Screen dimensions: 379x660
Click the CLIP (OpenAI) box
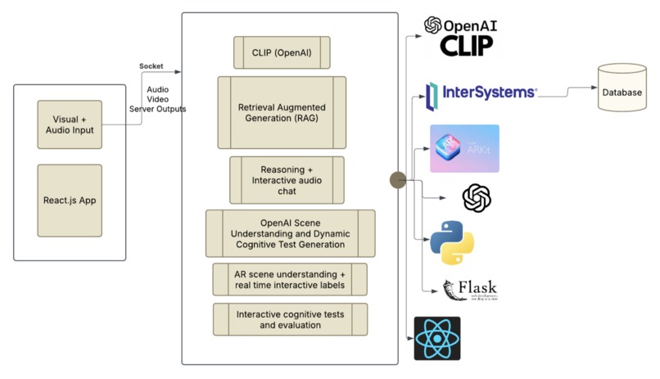coord(281,52)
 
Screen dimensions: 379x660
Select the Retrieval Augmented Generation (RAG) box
coord(281,113)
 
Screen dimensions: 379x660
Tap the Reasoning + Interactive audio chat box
coord(286,180)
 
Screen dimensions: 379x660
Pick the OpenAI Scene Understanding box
coord(290,233)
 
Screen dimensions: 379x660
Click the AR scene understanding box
coord(289,279)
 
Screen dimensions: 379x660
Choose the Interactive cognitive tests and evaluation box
coord(290,319)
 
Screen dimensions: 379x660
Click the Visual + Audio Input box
coord(70,124)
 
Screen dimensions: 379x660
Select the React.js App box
coord(70,200)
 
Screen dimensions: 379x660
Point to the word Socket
coord(151,66)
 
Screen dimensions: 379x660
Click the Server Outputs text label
coord(157,109)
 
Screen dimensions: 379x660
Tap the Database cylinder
coord(622,92)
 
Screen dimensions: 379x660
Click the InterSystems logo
coord(481,93)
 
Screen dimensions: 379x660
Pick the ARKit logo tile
coord(464,148)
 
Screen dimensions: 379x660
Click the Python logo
coord(453,242)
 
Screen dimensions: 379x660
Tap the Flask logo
coord(470,290)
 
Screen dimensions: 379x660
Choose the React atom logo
coord(437,339)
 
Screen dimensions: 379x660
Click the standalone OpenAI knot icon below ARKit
coord(476,197)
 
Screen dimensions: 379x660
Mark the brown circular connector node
coord(397,180)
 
